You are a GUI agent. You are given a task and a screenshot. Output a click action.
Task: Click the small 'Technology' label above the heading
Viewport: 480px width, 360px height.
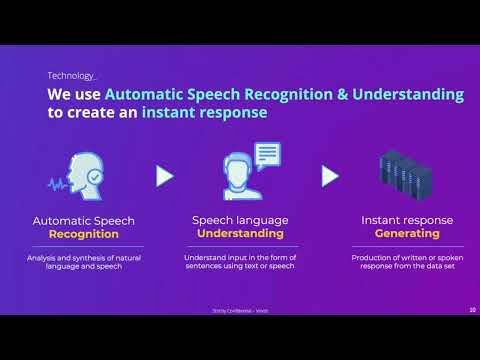[71, 75]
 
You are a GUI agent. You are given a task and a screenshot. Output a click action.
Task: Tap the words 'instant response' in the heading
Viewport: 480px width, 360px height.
[204, 113]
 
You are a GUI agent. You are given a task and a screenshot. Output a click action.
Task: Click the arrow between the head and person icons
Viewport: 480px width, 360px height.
[164, 176]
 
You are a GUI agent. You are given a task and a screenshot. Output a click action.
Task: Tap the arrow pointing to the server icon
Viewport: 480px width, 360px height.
[329, 176]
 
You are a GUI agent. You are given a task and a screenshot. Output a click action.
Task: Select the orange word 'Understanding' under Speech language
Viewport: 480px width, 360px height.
[241, 234]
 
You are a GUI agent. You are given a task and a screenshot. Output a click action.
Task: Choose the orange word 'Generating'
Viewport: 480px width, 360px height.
[407, 234]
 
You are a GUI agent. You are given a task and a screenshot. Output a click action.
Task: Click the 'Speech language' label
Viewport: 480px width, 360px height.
[241, 220]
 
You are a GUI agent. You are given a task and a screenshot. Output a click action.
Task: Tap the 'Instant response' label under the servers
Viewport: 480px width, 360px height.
[407, 220]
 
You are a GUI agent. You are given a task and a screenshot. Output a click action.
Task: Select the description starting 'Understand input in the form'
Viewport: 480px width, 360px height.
[241, 262]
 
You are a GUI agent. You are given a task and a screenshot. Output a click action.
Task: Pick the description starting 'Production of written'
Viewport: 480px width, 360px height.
[407, 262]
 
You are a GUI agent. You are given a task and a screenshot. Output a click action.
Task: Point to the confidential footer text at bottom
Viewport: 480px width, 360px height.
[241, 310]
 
